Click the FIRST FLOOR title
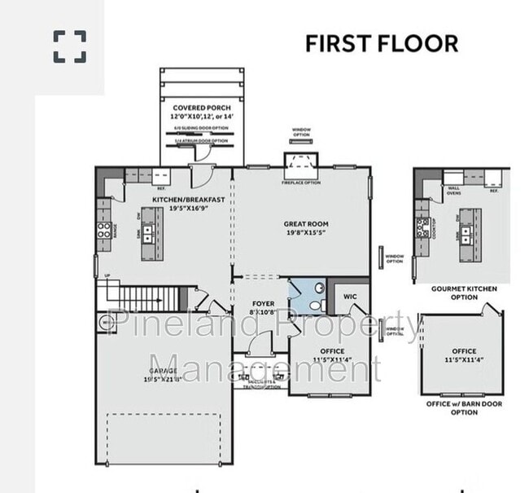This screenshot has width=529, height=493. point(381,43)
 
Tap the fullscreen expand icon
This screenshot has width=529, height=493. point(70,46)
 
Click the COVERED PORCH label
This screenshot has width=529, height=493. point(201,108)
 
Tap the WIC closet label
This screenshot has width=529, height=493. point(351,297)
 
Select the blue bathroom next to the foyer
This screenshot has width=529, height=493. point(307,297)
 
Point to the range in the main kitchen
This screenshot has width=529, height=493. point(104,231)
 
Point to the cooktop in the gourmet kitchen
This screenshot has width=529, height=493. point(422,227)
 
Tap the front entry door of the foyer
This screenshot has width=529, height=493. point(259,346)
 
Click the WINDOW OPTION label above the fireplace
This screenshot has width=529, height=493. point(301,132)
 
